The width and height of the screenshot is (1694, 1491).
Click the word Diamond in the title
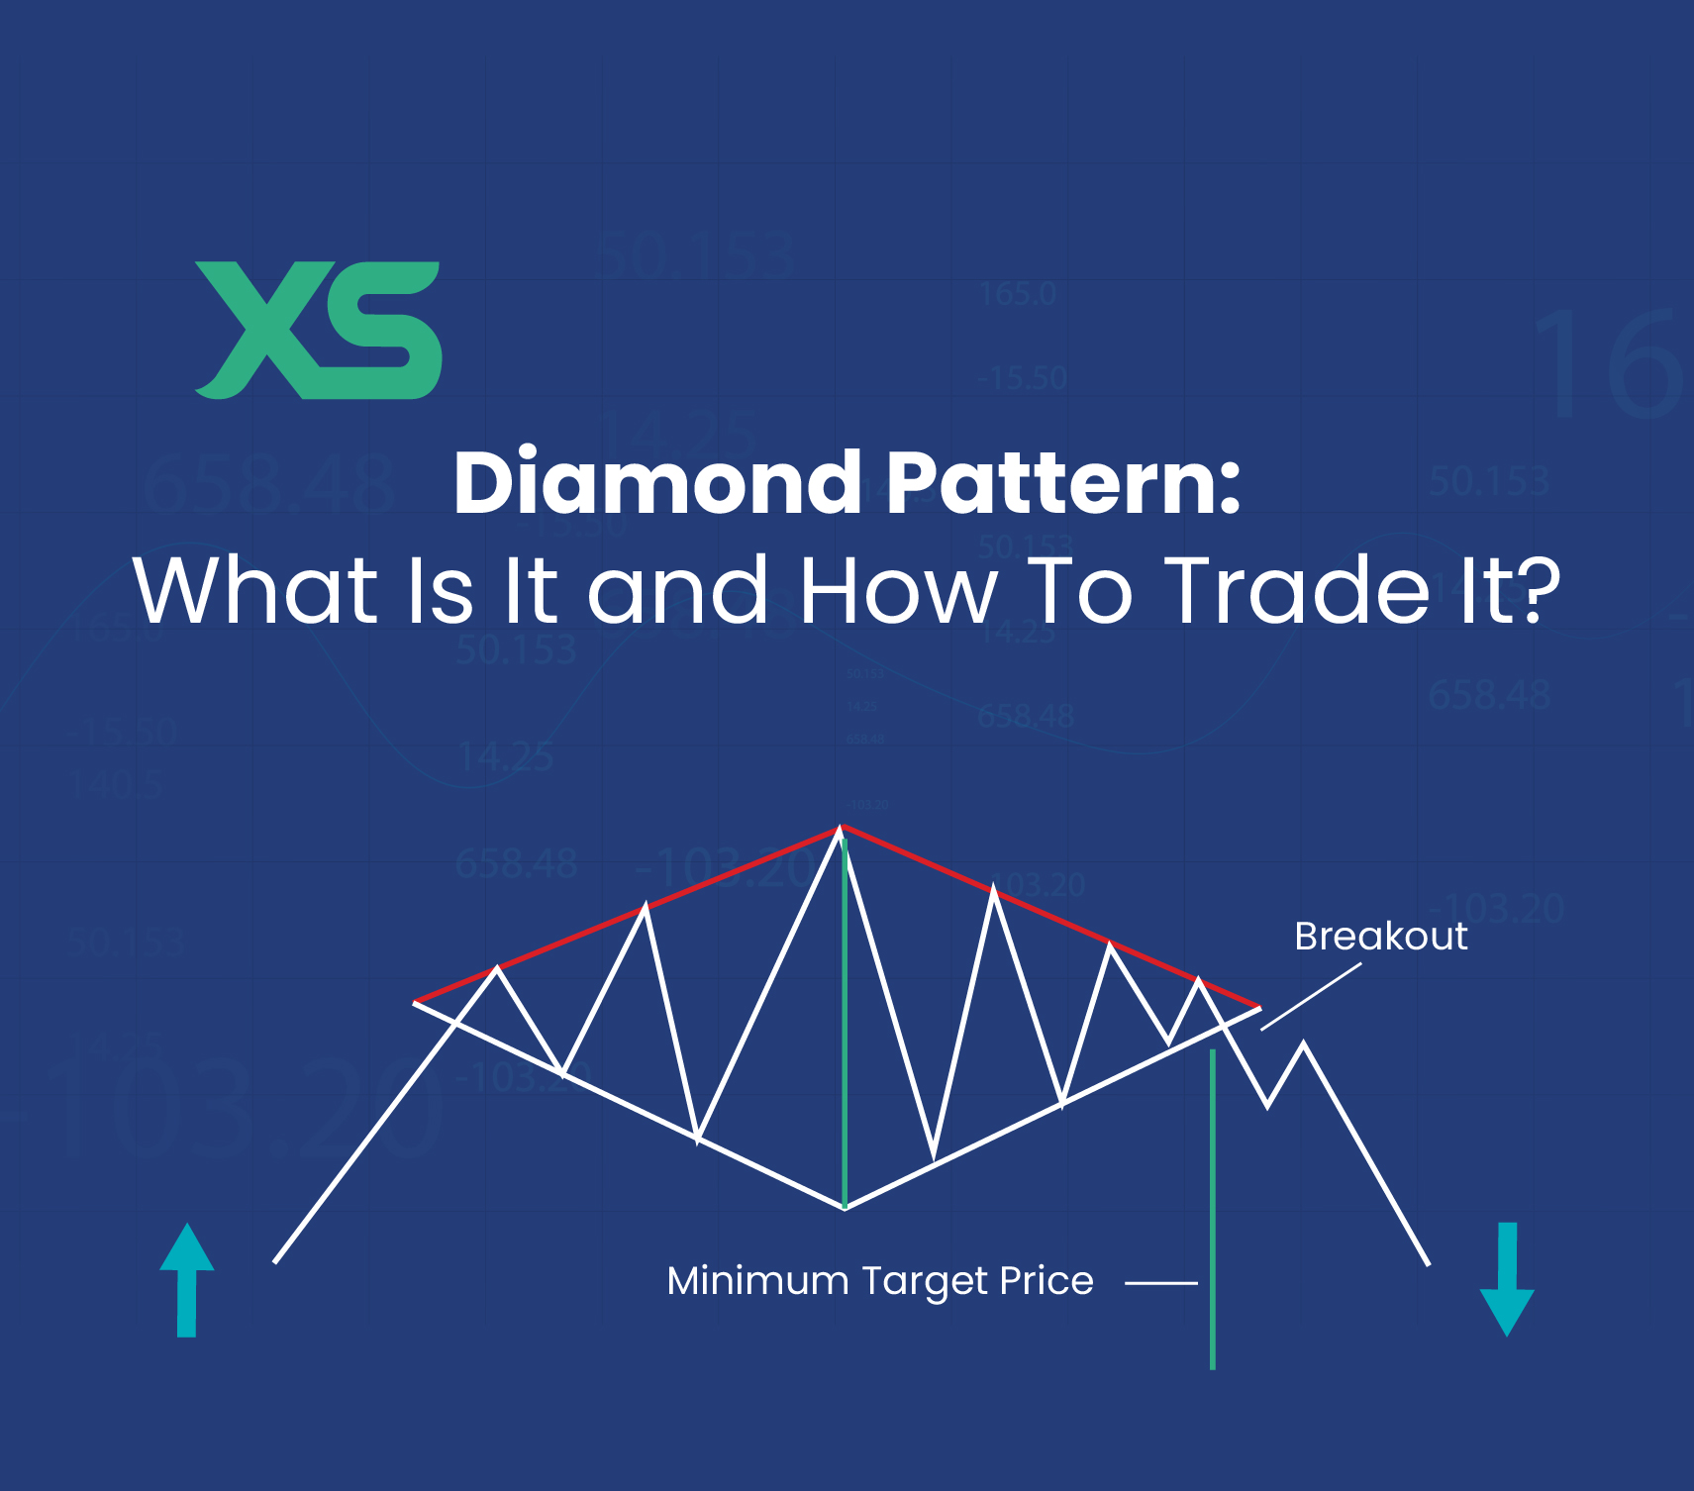point(657,483)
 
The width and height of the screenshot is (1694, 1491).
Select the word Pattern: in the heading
point(1063,483)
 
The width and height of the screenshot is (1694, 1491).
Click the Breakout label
point(1380,937)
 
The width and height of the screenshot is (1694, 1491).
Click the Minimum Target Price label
point(880,1281)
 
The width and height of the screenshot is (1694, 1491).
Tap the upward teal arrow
point(187,1279)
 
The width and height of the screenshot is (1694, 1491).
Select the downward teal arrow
point(1507,1279)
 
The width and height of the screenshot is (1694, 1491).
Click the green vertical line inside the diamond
point(845,1020)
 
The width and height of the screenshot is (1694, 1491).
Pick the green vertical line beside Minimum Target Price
point(1213,1208)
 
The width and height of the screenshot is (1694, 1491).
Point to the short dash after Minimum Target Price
point(1161,1283)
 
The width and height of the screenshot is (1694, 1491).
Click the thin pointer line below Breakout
point(1311,997)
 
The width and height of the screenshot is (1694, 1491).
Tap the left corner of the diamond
point(416,1002)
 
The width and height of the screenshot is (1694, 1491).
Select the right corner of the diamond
point(1258,1008)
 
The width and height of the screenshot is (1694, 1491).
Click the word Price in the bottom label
point(1046,1281)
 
